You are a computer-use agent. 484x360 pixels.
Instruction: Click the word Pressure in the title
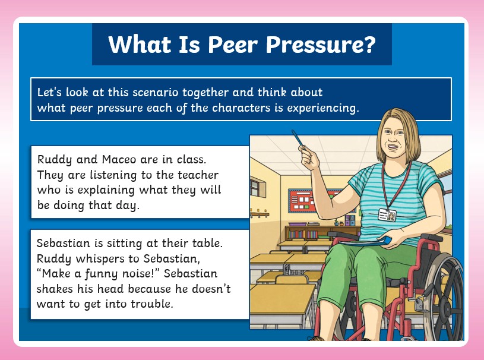click(310, 45)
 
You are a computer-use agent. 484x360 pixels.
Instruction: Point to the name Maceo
click(119, 159)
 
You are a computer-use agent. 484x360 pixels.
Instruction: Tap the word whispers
click(102, 258)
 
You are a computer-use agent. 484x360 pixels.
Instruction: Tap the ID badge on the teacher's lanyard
click(387, 215)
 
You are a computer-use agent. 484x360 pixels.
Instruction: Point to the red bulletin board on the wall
click(302, 201)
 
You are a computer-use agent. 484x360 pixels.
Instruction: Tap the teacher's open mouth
click(393, 147)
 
